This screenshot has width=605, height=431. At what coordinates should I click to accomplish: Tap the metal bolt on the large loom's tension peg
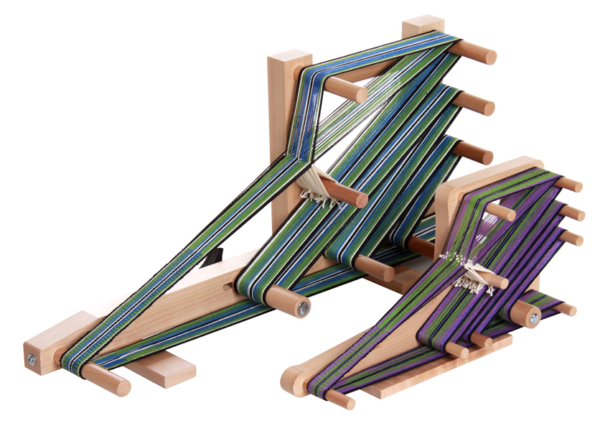point(304,308)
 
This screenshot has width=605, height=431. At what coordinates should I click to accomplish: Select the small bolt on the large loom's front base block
point(32,358)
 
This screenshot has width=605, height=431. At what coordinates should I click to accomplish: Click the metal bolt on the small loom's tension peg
point(535,316)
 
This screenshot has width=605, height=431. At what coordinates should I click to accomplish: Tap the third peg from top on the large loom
point(485,155)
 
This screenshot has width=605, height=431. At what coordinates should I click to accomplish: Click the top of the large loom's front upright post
point(290,57)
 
